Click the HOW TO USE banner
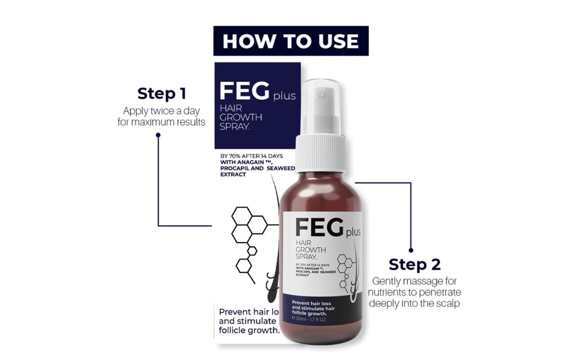click(291, 41)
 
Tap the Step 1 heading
click(161, 94)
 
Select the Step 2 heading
click(414, 264)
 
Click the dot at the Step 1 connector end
click(158, 134)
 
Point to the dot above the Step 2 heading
click(411, 250)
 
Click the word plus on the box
click(284, 96)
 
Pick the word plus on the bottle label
click(353, 233)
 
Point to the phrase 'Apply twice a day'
click(161, 110)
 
